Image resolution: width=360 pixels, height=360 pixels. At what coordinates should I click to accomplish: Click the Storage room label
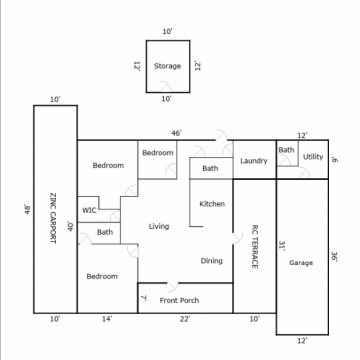point(167,66)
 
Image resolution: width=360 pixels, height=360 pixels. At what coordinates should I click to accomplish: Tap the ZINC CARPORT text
point(53,218)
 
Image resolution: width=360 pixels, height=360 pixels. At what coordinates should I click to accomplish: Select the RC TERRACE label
point(255,247)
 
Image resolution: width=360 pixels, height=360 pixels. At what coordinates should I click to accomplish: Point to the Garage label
point(301,263)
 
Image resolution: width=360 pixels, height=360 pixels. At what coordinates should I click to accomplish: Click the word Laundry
point(254,161)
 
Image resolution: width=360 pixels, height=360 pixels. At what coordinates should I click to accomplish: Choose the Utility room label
point(313,157)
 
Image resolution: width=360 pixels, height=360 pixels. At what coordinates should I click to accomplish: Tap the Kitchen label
point(212,204)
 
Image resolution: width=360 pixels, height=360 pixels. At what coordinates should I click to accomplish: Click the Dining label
point(212,261)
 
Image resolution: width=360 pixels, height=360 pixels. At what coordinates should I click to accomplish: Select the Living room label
point(159,226)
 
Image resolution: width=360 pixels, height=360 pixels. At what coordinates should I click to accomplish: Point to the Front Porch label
point(179,300)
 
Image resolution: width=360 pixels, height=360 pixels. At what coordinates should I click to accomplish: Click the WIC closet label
point(89,210)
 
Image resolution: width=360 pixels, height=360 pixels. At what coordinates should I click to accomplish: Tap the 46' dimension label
point(177,133)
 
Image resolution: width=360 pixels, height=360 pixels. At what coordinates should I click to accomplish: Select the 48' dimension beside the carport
point(28,210)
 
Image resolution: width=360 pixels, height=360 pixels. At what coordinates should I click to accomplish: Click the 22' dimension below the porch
point(185,319)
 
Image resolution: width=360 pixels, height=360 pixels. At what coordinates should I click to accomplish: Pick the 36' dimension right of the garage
point(334,257)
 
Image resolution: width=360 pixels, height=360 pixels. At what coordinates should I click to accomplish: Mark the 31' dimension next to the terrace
point(282,246)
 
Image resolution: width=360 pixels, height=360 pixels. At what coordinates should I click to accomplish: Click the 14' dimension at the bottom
point(107,319)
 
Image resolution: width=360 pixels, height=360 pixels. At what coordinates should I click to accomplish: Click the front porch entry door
point(173,287)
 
